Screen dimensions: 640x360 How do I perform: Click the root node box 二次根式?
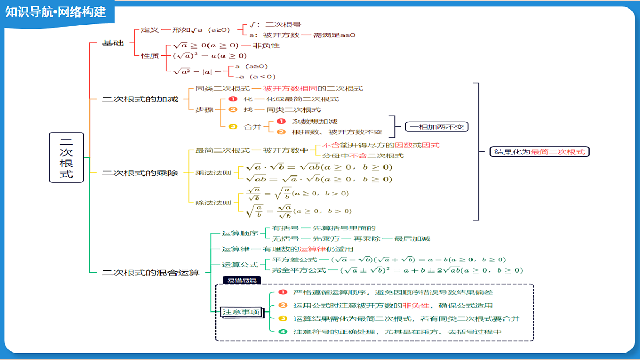pyautogui.click(x=66, y=157)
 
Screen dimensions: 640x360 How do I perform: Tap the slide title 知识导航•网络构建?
pyautogui.click(x=55, y=12)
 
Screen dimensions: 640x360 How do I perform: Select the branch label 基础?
pyautogui.click(x=113, y=43)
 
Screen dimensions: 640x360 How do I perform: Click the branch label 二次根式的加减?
pyautogui.click(x=140, y=99)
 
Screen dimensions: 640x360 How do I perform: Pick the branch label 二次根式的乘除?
pyautogui.click(x=140, y=173)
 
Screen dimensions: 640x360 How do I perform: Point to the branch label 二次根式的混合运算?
pyautogui.click(x=151, y=273)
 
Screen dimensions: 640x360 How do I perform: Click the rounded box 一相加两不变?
pyautogui.click(x=437, y=126)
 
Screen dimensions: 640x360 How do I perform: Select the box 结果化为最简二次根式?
pyautogui.click(x=539, y=151)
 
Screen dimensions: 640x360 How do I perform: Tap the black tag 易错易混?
pyautogui.click(x=242, y=281)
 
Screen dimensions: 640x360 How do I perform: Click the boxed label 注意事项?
pyautogui.click(x=241, y=311)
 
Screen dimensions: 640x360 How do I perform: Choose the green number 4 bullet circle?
pyautogui.click(x=283, y=332)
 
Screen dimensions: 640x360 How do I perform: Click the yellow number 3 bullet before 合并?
pyautogui.click(x=233, y=126)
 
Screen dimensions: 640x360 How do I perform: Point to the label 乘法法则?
pyautogui.click(x=213, y=173)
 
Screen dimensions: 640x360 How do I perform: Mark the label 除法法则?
pyautogui.click(x=213, y=203)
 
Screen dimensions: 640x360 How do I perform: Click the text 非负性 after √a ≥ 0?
pyautogui.click(x=266, y=45)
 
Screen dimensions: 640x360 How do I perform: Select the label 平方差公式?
pyautogui.click(x=294, y=259)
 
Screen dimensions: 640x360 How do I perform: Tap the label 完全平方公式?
pyautogui.click(x=299, y=270)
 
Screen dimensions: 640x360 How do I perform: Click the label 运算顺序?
pyautogui.click(x=240, y=234)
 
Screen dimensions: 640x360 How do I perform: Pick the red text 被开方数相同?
pyautogui.click(x=290, y=89)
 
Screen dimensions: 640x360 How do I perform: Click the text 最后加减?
pyautogui.click(x=412, y=238)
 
